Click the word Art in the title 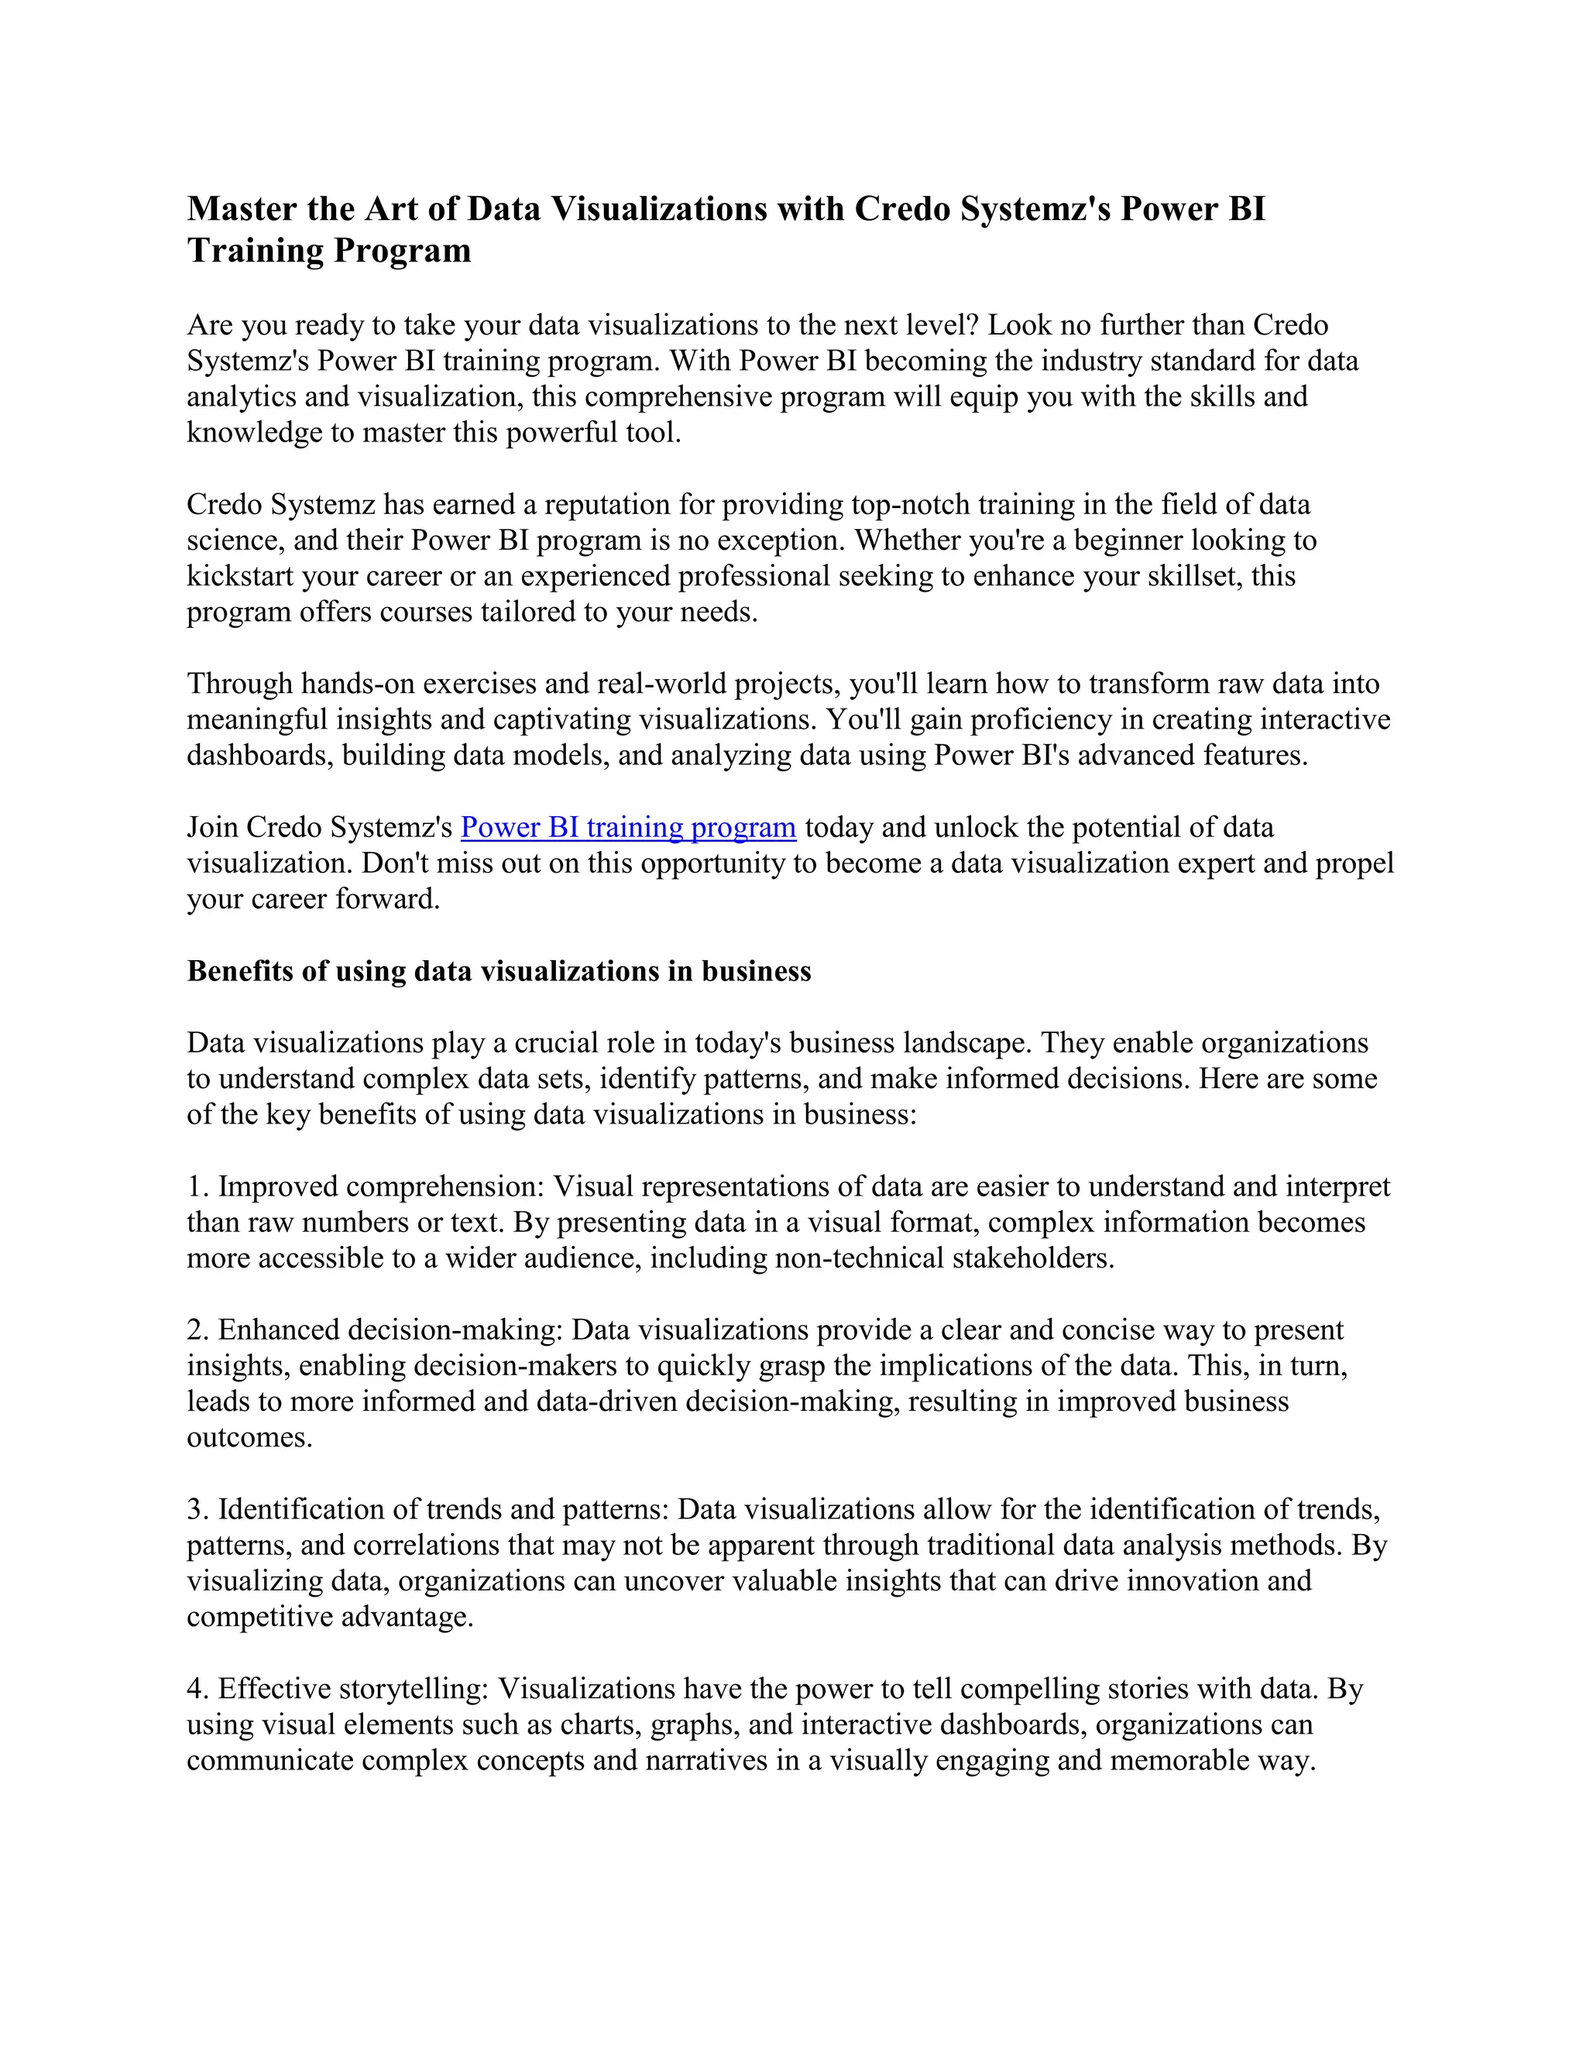click(390, 208)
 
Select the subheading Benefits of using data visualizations click(498, 972)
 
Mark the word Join click(212, 828)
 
